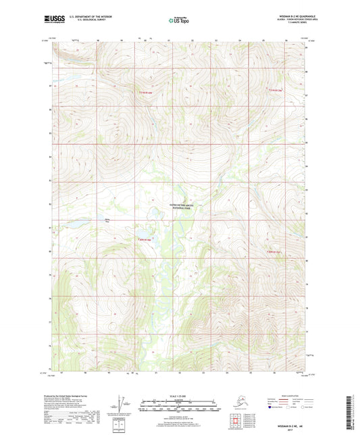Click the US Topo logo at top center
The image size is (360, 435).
[178, 21]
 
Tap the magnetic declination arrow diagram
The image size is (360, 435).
[123, 403]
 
